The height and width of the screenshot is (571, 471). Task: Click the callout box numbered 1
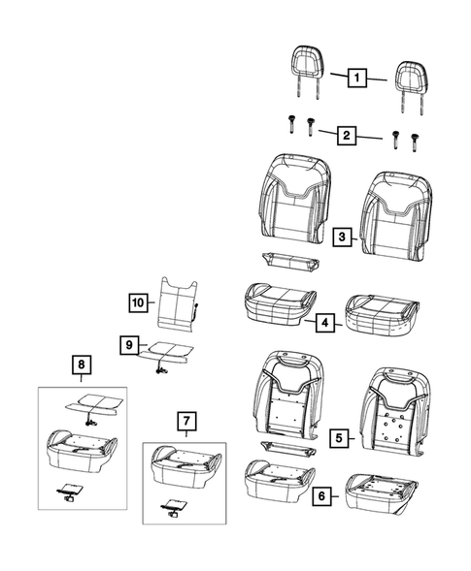click(357, 76)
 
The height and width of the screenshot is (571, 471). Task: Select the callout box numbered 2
click(345, 135)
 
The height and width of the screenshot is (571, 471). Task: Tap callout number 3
click(342, 236)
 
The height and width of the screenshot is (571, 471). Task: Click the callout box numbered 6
click(320, 496)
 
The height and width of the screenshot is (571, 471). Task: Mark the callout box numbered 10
click(138, 301)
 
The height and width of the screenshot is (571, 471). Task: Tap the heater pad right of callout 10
click(179, 300)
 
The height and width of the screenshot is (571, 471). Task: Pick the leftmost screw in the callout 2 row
click(291, 127)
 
